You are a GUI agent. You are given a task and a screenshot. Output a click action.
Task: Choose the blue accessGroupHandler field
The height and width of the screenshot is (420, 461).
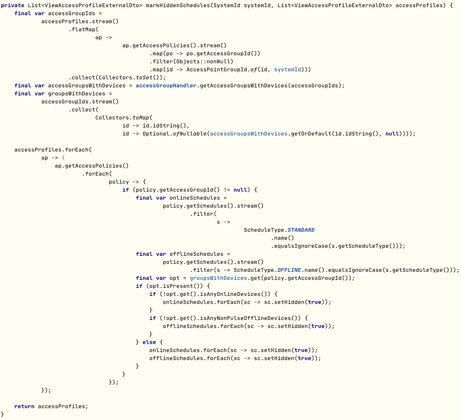pos(166,86)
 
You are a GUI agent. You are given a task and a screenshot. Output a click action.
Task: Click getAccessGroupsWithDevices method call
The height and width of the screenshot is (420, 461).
pos(245,86)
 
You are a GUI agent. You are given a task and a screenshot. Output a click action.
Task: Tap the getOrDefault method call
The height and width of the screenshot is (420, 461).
pos(310,134)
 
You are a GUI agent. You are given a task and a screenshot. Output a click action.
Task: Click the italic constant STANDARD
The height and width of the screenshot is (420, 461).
pos(301,230)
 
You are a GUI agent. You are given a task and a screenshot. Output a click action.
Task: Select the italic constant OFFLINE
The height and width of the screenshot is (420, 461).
pos(291,270)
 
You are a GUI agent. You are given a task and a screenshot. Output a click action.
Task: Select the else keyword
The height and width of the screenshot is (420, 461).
pos(149,342)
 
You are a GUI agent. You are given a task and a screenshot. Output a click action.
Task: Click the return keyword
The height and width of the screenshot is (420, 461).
pos(24,406)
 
